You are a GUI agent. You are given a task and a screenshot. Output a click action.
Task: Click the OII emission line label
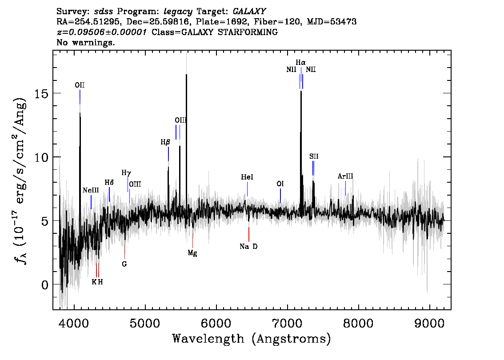click(80, 85)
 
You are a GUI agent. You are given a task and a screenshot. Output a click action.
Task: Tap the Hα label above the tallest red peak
click(301, 62)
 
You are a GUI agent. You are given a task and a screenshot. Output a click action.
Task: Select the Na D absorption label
click(248, 247)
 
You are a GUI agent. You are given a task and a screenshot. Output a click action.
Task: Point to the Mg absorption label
click(192, 253)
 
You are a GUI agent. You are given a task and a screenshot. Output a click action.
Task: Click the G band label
click(124, 264)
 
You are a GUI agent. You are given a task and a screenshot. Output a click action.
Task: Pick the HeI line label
click(247, 177)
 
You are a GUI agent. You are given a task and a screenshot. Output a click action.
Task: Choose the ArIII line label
click(345, 176)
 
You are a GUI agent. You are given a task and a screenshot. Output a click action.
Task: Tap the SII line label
click(314, 156)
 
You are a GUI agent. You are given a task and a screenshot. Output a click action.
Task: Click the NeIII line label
click(91, 190)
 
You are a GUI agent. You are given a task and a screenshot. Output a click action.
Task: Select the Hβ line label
click(165, 142)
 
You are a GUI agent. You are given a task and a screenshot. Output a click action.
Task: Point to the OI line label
click(280, 184)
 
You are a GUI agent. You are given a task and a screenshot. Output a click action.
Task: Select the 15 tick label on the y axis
click(41, 93)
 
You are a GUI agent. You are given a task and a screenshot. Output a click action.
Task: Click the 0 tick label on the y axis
click(45, 284)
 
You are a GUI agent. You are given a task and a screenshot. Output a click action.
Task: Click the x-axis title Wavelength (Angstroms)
click(252, 339)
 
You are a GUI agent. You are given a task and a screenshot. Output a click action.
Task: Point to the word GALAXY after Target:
click(249, 11)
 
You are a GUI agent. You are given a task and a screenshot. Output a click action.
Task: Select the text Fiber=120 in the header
click(278, 21)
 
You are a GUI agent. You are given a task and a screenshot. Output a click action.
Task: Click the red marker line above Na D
click(249, 234)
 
